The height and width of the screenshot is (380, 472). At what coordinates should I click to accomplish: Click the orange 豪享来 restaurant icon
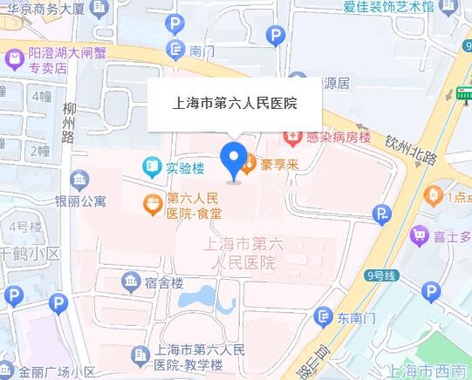click(248, 162)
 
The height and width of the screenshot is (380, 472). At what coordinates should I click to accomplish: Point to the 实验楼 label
click(185, 166)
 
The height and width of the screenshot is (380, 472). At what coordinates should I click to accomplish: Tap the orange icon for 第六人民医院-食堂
click(154, 205)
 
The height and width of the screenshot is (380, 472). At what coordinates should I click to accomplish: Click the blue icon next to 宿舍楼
click(131, 282)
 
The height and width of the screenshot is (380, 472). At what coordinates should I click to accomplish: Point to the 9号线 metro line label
click(381, 276)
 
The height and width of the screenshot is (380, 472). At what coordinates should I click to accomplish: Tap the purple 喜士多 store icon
click(420, 234)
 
